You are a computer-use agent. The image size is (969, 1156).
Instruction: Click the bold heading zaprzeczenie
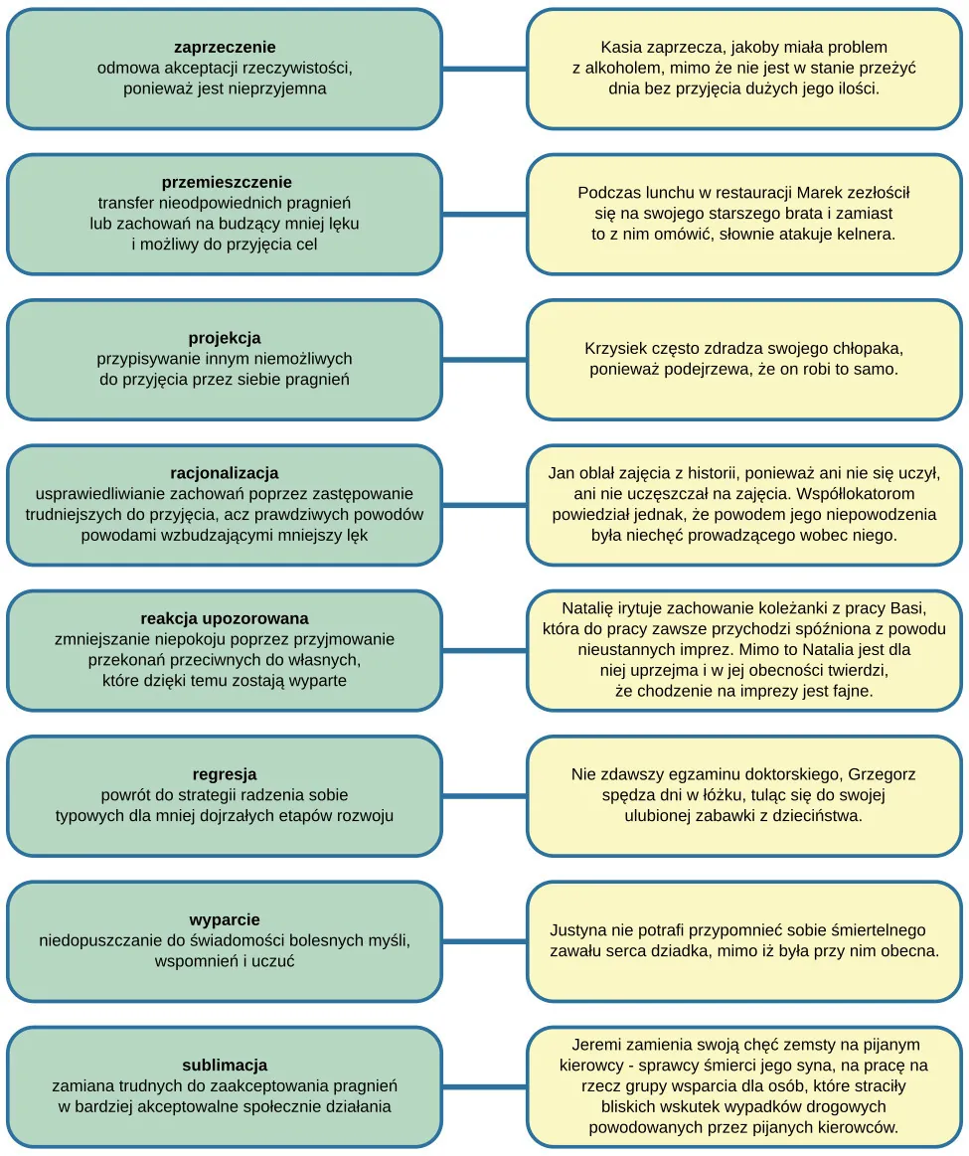(x=225, y=47)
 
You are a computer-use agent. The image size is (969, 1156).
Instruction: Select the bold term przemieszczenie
(x=227, y=182)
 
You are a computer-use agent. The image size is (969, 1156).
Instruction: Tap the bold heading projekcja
(x=225, y=338)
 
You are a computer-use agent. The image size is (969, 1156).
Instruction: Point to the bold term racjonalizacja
(x=225, y=472)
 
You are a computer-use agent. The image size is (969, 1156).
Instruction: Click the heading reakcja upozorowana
(x=225, y=618)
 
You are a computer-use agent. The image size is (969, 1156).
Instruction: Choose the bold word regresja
(x=225, y=773)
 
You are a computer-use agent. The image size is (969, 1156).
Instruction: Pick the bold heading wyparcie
(x=225, y=919)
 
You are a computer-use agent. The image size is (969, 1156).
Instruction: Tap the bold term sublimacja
(x=225, y=1065)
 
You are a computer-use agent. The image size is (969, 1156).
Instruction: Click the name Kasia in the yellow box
(x=621, y=47)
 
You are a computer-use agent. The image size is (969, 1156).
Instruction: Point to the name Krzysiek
(x=614, y=349)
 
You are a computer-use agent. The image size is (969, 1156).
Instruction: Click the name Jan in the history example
(x=563, y=472)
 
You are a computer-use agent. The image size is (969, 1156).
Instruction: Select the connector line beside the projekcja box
(x=484, y=359)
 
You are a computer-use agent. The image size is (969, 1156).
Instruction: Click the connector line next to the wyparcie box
(x=484, y=941)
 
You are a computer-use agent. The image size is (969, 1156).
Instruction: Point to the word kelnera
(x=861, y=235)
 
